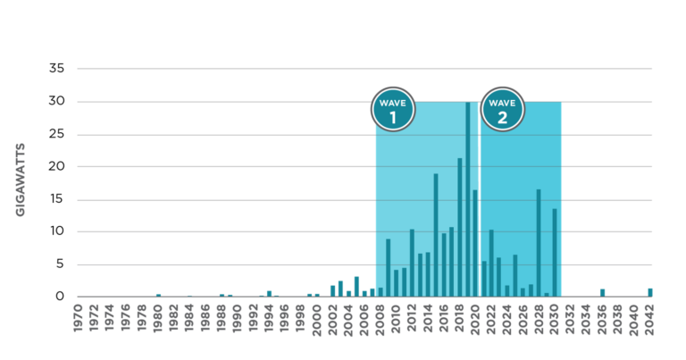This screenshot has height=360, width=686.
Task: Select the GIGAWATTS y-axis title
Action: click(20, 179)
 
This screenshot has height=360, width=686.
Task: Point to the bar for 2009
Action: click(388, 267)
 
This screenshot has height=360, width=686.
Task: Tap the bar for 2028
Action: click(539, 242)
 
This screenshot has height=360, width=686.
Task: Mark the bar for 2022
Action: click(491, 263)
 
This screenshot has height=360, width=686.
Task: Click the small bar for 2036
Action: click(603, 291)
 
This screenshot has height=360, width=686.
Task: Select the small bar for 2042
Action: click(650, 291)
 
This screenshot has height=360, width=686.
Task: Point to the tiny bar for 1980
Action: click(158, 294)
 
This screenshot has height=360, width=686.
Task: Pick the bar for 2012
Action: click(412, 263)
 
